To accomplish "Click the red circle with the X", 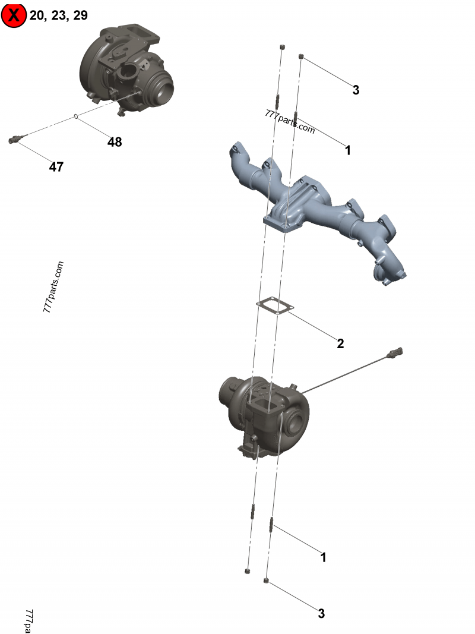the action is tap(14, 15).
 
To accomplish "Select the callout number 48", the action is tap(115, 142).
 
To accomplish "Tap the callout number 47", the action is tap(56, 166).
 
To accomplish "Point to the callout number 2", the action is tap(340, 343).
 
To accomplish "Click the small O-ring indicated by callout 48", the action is tap(76, 117).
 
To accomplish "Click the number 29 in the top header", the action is tap(80, 15).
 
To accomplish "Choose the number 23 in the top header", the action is tap(59, 15).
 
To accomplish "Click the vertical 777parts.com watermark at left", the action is tap(53, 286).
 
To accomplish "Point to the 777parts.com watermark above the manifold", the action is tap(290, 121).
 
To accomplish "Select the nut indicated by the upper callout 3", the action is tap(301, 56).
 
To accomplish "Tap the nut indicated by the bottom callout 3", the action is tap(266, 581).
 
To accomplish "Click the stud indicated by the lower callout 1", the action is tap(271, 525).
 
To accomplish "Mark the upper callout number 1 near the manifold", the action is tap(348, 150).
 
